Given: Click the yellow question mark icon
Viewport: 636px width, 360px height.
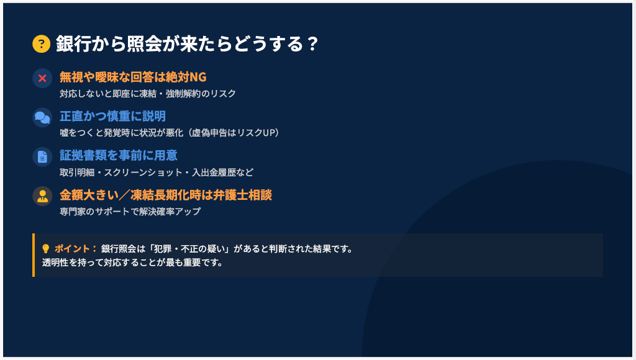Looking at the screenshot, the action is click(x=42, y=44).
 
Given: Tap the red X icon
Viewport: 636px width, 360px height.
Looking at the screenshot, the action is click(x=43, y=78).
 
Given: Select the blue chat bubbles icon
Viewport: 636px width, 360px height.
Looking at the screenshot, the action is click(x=43, y=117).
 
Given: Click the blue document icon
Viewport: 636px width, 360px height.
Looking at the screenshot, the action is click(x=43, y=157).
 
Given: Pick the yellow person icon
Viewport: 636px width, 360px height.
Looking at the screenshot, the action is click(x=43, y=196).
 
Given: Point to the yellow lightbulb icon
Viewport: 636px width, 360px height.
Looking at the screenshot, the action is click(x=46, y=248).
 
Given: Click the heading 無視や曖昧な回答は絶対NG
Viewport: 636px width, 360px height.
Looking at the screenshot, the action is click(x=133, y=77).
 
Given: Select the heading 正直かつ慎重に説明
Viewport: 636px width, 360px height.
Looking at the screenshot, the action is click(x=113, y=116).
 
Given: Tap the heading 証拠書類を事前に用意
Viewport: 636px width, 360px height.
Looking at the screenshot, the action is click(x=119, y=155).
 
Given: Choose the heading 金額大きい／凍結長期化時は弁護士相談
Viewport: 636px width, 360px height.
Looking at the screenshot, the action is click(x=166, y=195).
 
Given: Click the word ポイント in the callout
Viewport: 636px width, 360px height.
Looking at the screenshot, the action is click(x=72, y=248).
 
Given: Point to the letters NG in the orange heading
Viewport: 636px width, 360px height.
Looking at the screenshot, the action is click(x=198, y=77).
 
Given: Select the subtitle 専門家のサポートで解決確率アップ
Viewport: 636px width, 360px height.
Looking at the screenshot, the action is click(x=130, y=211).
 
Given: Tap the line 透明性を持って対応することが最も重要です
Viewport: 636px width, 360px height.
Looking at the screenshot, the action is click(x=133, y=263).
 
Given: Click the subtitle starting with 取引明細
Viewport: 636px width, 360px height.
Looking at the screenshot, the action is click(x=157, y=173).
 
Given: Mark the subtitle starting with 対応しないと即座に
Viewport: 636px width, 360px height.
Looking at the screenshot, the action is click(x=148, y=94).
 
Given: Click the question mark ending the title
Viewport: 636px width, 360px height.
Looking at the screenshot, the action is click(x=312, y=44).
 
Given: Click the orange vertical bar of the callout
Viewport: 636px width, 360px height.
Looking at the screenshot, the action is click(x=34, y=255).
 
